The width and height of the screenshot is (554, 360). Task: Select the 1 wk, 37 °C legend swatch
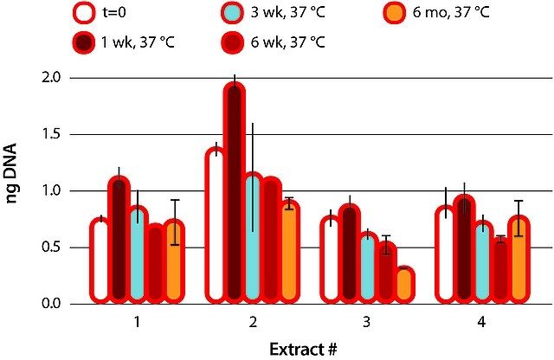coord(85,41)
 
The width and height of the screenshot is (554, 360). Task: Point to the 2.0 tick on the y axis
coord(51,78)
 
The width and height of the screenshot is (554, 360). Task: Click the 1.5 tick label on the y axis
coord(51,134)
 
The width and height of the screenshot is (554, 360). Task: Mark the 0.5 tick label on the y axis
coord(51,247)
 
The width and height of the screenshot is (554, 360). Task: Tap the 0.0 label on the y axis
coord(51,304)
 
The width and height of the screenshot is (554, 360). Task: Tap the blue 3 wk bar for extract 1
coord(137,255)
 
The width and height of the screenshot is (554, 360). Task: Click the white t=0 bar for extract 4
coord(445,255)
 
